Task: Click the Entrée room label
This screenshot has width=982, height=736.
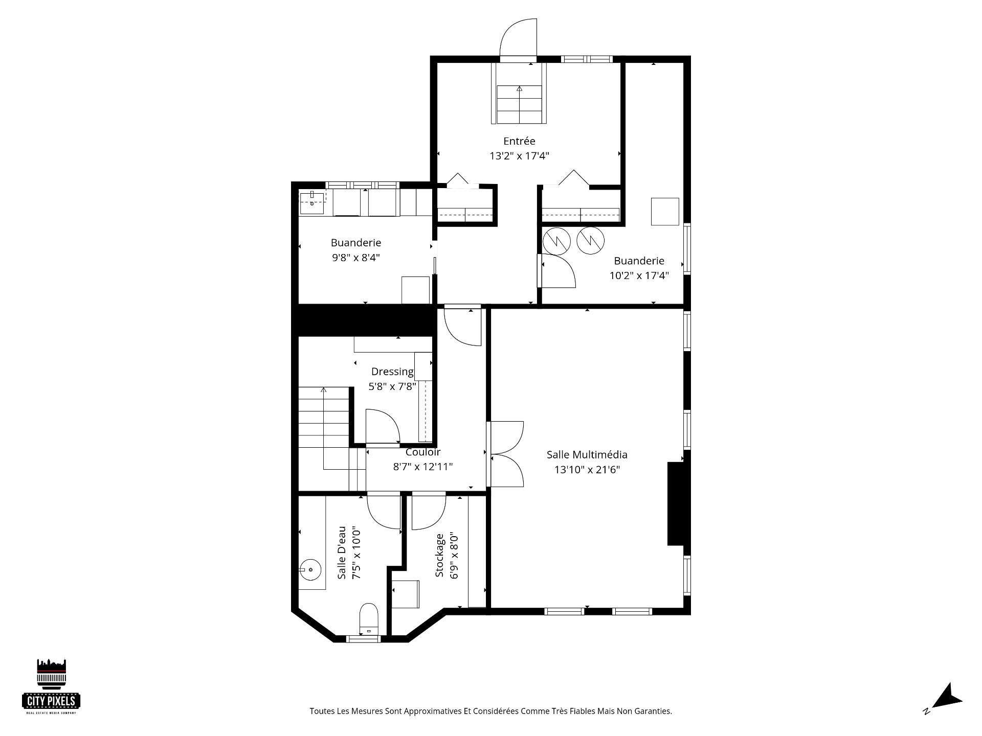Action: [519, 141]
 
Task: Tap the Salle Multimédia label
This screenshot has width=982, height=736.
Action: [587, 454]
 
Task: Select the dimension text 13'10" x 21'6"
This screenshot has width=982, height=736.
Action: [587, 470]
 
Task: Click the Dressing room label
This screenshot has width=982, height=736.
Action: [392, 372]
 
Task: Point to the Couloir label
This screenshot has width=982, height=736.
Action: [423, 452]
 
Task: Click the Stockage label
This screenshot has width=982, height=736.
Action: [439, 556]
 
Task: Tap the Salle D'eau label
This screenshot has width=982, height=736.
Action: [342, 553]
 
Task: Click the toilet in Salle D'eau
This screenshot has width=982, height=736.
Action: [369, 618]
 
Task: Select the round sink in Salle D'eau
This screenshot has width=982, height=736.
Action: [310, 568]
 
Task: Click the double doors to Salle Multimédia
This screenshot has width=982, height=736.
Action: [505, 453]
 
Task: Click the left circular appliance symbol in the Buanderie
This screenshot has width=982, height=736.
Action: [556, 241]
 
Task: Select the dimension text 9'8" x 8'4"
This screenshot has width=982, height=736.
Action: [356, 258]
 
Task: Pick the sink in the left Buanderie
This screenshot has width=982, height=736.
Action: [312, 202]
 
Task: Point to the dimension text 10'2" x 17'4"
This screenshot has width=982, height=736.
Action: [639, 276]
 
